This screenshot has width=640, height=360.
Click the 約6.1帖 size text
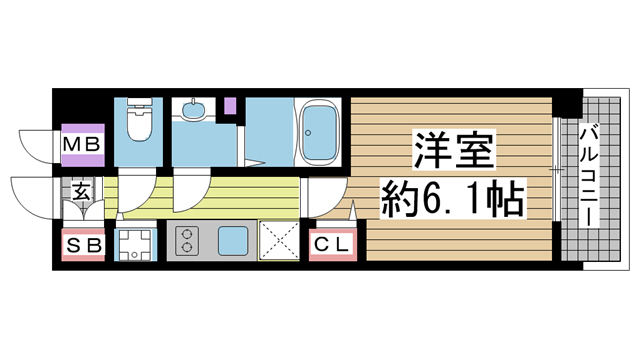coord(452,202)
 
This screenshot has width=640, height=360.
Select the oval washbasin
coord(192,111)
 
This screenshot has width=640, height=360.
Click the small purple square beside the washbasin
coord(229,103)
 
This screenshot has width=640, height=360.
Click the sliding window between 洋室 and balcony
coord(556,170)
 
